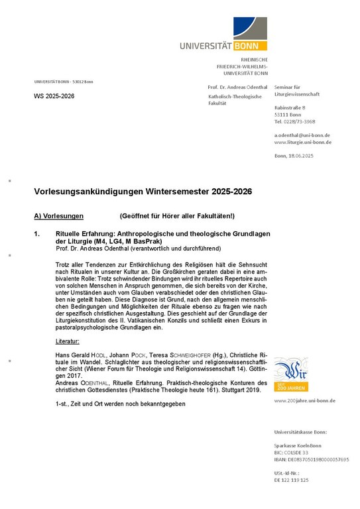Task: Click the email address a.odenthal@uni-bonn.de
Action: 302,135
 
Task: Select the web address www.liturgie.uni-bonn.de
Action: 303,142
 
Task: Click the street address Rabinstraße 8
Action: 290,107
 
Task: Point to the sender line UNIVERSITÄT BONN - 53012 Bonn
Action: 64,82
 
